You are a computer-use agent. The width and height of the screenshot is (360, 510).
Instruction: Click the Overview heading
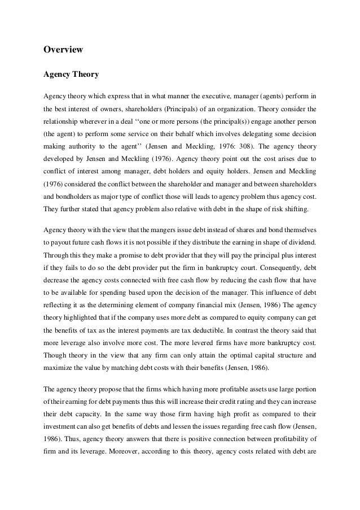[63, 50]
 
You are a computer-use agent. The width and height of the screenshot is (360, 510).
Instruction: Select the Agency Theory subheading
[72, 73]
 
